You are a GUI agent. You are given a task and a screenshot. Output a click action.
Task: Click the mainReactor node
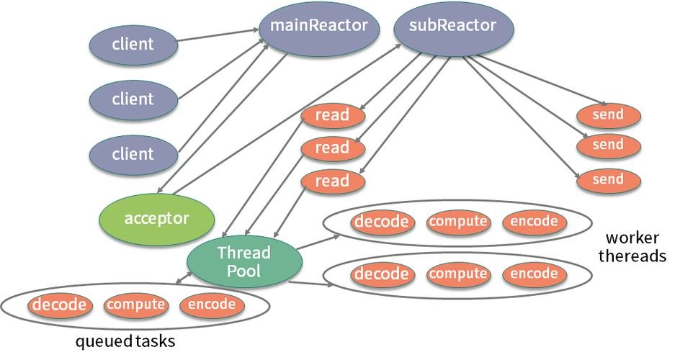point(318,27)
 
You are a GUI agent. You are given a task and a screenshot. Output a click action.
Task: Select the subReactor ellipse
point(453,27)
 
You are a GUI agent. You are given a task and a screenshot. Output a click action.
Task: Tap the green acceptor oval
point(157,219)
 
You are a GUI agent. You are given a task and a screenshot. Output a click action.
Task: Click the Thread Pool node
point(244,261)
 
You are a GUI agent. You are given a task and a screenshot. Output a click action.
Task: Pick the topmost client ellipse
point(133,44)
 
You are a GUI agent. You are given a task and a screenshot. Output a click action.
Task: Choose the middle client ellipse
point(133,99)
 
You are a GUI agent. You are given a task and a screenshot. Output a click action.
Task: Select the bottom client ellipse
point(133,154)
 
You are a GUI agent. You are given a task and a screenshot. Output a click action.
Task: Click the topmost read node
point(333,116)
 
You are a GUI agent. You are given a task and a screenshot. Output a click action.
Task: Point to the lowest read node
point(333,181)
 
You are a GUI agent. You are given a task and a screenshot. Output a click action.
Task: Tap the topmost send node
point(609,115)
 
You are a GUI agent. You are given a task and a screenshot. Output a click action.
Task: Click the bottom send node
point(609,180)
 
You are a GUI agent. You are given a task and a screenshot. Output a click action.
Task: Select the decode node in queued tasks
point(60,305)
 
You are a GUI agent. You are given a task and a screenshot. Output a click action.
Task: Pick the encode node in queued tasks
point(212,305)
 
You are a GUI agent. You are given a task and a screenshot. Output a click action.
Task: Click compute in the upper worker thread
point(458,222)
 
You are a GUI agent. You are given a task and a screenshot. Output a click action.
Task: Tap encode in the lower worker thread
point(535,274)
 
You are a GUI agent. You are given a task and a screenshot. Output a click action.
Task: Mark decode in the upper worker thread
point(383,222)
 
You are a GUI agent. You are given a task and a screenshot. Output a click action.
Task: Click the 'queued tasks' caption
point(125,341)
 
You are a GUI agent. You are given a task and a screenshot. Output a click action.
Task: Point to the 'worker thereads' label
point(632,247)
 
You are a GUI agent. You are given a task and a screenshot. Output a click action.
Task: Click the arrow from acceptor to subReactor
point(287,119)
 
